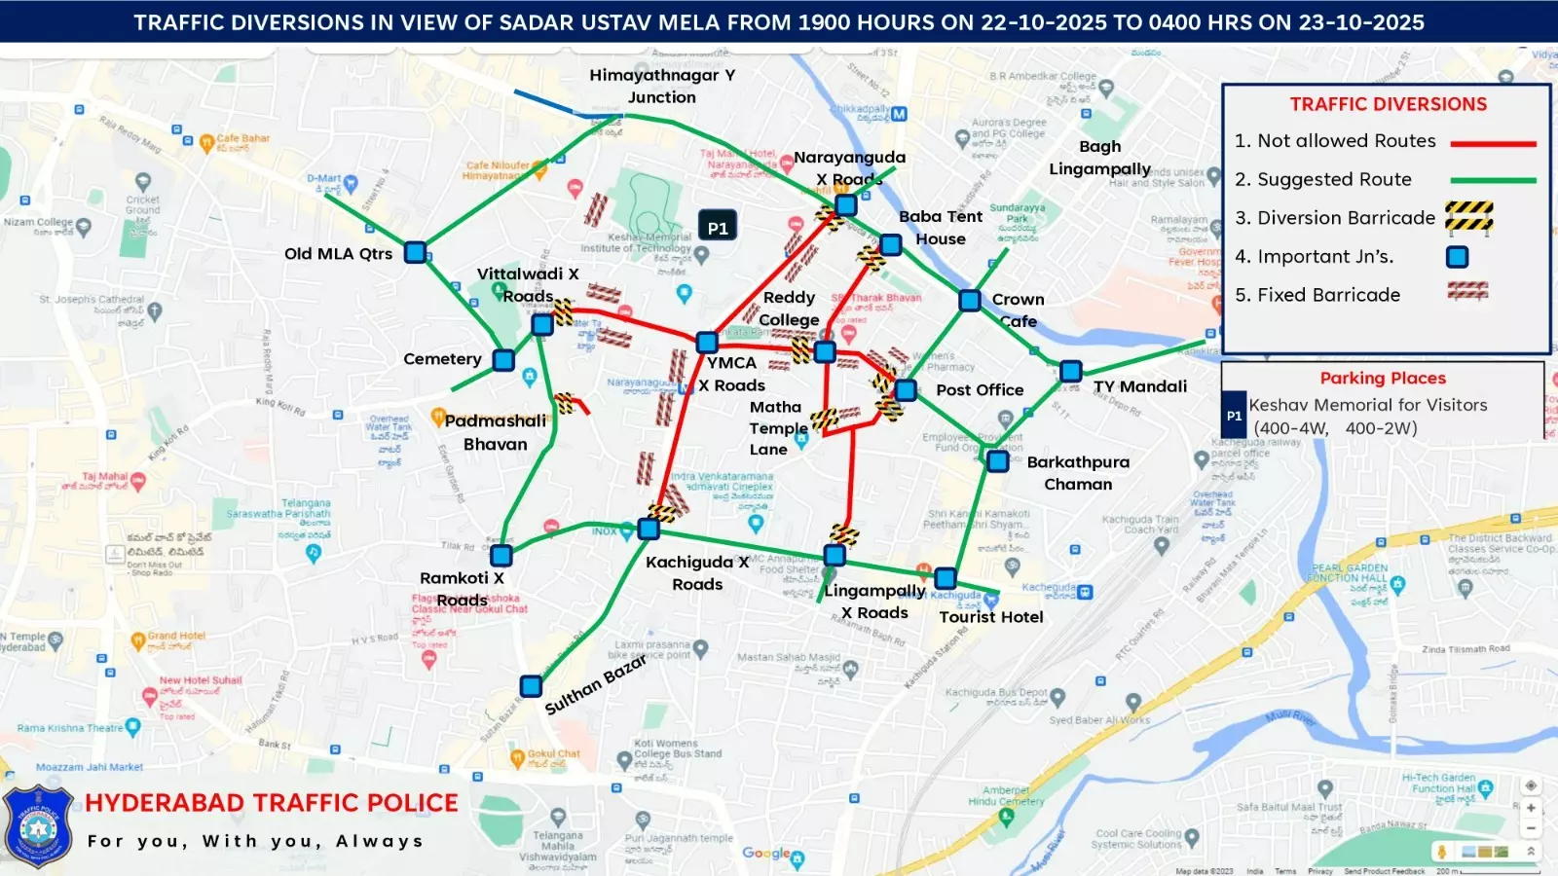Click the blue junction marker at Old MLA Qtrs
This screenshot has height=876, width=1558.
[416, 253]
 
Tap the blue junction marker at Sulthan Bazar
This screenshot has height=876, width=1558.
[531, 686]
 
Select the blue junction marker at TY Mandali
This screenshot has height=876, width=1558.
[1071, 371]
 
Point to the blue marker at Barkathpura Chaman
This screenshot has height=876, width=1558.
[997, 461]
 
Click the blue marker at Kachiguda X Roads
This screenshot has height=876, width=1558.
[649, 529]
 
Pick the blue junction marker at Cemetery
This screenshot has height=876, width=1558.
[503, 360]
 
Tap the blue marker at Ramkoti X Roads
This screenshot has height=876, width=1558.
[501, 556]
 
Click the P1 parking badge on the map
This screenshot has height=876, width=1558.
[718, 227]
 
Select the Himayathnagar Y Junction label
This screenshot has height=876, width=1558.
[662, 86]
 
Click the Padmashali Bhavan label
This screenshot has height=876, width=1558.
[496, 432]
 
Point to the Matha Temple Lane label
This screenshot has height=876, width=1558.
[777, 428]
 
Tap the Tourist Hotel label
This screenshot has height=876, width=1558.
[990, 617]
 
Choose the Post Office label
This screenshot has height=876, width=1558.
[980, 390]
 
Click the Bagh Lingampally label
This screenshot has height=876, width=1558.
[1099, 158]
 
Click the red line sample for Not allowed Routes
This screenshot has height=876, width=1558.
[1493, 143]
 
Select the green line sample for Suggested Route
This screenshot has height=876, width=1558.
[1493, 180]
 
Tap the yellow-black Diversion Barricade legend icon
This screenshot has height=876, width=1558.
[1469, 217]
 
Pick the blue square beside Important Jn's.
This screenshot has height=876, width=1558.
[1457, 257]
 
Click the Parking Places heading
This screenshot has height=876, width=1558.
[1383, 379]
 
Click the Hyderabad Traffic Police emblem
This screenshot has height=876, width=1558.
[39, 827]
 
